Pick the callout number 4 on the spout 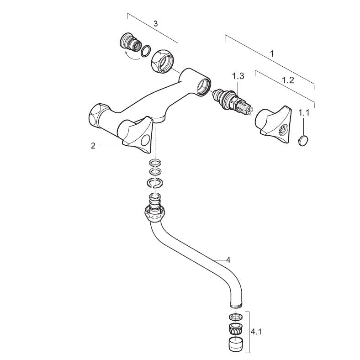(x=228, y=260)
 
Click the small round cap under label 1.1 (x=302, y=140)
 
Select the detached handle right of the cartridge (x=273, y=124)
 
